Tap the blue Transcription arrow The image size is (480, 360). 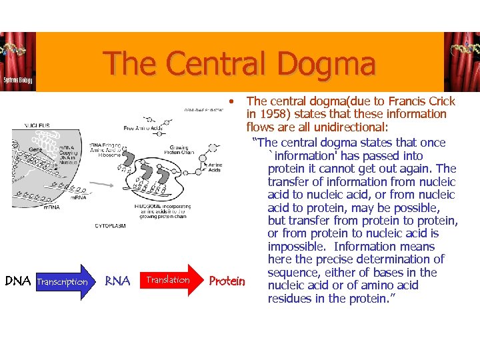63,282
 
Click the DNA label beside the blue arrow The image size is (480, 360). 18,281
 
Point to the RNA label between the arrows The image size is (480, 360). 117,281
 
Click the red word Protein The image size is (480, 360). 227,281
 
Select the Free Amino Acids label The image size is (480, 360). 143,127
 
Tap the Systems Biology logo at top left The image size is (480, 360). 18,63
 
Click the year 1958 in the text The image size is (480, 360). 273,115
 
